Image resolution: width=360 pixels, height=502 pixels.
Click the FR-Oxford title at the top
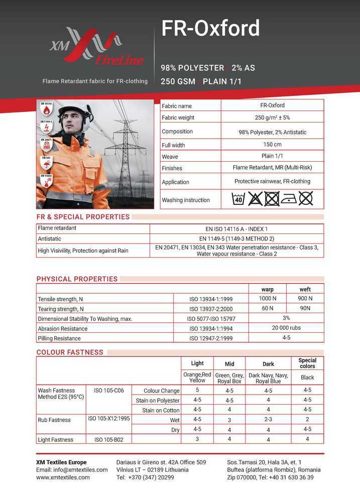tap(210, 29)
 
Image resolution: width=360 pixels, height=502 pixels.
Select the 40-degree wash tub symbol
tap(238, 199)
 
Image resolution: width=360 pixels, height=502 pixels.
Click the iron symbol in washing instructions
tap(289, 199)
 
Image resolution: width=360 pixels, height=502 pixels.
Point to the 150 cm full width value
tap(272, 145)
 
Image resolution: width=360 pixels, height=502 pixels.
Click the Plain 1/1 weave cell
tap(272, 156)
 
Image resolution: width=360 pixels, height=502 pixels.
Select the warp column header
tap(268, 289)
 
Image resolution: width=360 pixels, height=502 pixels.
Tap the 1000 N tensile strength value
tap(268, 298)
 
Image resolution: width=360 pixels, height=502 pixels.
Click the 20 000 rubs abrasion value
tap(286, 328)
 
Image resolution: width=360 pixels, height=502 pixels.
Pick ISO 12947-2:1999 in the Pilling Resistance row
tap(211, 338)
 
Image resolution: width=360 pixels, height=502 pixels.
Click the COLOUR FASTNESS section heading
tap(70, 352)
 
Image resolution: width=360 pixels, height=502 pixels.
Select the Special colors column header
tap(307, 363)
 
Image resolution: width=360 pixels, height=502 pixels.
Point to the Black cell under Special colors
tap(307, 378)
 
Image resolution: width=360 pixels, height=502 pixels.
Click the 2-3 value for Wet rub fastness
tap(268, 420)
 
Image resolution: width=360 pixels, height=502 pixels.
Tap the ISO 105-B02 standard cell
tap(109, 440)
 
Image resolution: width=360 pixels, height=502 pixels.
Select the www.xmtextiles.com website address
tap(63, 477)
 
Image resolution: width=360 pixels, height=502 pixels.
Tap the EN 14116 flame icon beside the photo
tap(46, 109)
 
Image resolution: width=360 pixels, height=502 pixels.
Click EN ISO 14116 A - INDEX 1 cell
tap(237, 228)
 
